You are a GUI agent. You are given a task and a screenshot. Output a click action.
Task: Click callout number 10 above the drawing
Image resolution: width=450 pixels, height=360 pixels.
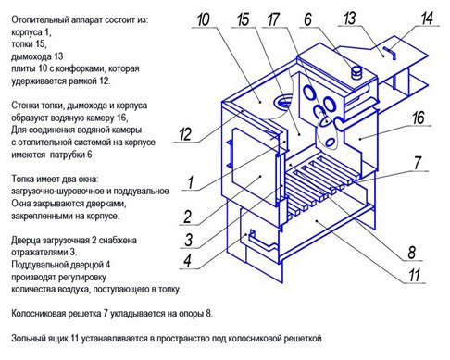[204, 19]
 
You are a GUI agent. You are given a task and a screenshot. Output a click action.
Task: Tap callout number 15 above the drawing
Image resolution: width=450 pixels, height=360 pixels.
[243, 19]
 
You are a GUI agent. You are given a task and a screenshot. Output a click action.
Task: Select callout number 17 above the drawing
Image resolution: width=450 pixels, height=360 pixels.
[273, 19]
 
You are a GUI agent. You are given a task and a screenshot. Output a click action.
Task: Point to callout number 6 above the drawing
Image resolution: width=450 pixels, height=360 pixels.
[307, 19]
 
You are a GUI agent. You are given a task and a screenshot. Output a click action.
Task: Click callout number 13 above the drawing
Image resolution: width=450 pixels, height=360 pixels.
[350, 19]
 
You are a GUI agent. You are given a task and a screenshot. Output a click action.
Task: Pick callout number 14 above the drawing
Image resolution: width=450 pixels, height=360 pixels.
[427, 19]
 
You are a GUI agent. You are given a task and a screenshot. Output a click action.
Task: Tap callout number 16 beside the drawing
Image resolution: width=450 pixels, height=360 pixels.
[419, 118]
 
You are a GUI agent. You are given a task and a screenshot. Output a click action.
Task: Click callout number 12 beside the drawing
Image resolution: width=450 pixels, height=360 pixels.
[185, 134]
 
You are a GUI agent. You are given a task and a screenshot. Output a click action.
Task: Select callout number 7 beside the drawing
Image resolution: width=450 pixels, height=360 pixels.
[418, 163]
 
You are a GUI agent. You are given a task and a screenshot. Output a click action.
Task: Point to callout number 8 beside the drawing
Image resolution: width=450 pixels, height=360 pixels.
[412, 253]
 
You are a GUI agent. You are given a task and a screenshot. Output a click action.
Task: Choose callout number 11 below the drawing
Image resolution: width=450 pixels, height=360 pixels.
[415, 275]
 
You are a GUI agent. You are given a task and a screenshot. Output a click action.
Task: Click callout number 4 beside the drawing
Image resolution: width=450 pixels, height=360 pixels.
[187, 261]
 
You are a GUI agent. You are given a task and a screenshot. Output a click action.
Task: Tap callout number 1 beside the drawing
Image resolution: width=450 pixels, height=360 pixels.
[190, 182]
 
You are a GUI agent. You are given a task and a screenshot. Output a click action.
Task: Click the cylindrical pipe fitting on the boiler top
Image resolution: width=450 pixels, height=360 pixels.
[357, 73]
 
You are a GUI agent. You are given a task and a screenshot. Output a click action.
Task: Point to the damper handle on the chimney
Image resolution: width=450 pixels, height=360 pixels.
[390, 53]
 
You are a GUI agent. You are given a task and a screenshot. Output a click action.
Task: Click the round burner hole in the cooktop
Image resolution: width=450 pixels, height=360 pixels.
[282, 101]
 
